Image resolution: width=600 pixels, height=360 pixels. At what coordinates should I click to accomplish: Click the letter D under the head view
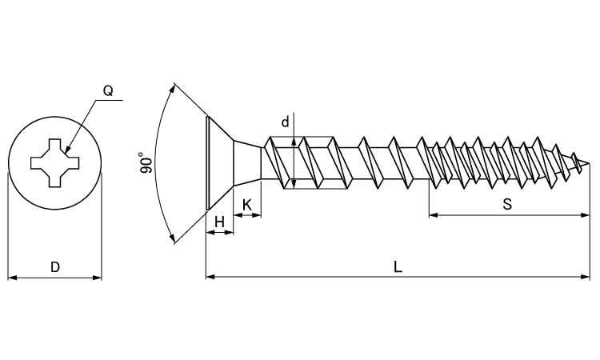54,267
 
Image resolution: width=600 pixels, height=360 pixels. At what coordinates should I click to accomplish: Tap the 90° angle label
145,163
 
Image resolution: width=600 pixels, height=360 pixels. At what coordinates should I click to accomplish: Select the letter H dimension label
219,222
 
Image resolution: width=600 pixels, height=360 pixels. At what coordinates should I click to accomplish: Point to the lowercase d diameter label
285,122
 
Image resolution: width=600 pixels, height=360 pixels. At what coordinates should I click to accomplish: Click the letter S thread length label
507,204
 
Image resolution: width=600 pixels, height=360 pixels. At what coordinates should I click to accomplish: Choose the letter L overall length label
398,267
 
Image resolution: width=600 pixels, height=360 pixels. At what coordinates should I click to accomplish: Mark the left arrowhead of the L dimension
210,277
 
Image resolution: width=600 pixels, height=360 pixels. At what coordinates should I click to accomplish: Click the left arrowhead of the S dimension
434,214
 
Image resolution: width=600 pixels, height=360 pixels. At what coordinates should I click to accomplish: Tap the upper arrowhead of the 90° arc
173,87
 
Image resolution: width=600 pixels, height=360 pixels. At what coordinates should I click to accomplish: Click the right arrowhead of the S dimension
585,214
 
